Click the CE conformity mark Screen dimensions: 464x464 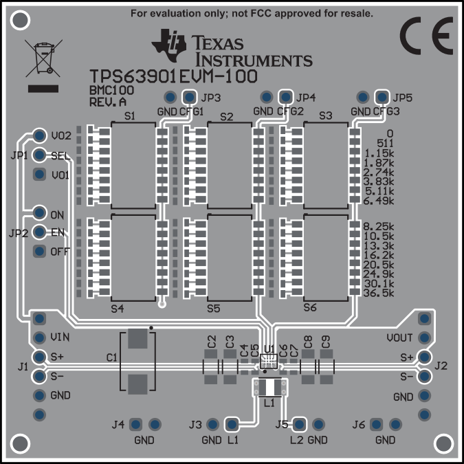pos(426,36)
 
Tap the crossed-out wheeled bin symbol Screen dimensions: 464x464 pos(44,58)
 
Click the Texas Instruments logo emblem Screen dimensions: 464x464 pos(169,45)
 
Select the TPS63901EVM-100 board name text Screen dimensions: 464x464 pos(173,76)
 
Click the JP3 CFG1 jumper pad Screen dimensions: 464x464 pos(190,97)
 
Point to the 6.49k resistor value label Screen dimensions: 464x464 pos(379,201)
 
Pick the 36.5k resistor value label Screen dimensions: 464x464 pos(379,293)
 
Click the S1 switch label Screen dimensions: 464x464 pos(130,116)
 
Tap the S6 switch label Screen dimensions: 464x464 pos(310,308)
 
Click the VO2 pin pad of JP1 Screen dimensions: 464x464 pos(39,135)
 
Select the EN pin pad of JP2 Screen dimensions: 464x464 pos(39,232)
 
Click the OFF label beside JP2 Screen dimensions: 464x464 pos(60,252)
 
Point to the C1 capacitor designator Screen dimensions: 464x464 pos(112,357)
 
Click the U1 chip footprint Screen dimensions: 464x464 pos(269,362)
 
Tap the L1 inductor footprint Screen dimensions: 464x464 pos(269,388)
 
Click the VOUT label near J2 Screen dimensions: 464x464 pos(399,338)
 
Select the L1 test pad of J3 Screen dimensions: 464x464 pos(232,425)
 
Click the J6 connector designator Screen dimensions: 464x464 pos(359,425)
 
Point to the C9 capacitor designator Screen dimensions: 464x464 pos(325,342)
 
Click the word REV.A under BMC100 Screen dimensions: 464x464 pos(108,102)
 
